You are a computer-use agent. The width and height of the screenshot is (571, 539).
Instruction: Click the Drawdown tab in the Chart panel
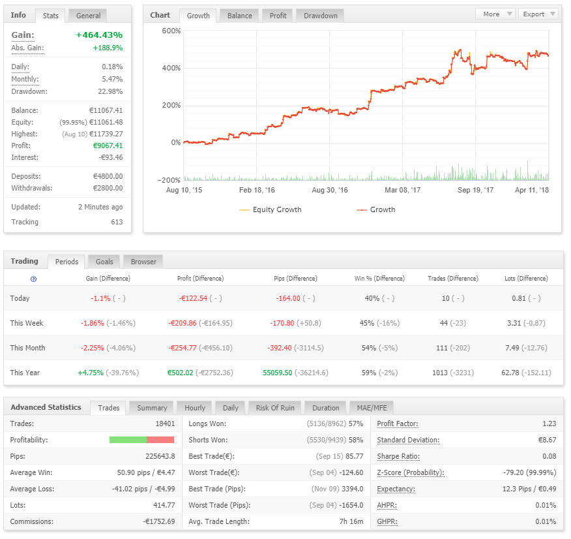click(x=321, y=16)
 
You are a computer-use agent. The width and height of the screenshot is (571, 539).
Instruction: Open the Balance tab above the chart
click(x=240, y=16)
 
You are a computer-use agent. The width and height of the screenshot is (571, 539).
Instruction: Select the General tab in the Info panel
click(x=88, y=16)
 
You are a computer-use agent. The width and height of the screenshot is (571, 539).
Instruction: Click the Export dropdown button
click(x=538, y=14)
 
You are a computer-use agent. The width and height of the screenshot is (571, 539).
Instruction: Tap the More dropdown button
click(x=495, y=14)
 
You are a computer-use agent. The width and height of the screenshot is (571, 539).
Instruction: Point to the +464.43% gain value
click(x=99, y=35)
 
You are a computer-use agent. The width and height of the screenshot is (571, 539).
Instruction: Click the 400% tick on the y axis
click(x=171, y=68)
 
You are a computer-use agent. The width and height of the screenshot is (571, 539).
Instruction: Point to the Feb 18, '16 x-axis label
click(x=257, y=190)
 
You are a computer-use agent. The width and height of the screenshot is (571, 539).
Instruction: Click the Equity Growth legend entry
click(x=271, y=209)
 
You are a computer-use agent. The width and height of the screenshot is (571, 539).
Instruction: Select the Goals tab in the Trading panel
click(x=104, y=262)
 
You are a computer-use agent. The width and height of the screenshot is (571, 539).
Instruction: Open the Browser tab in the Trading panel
click(x=143, y=262)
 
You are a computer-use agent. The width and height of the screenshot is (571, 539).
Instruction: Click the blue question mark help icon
click(x=33, y=279)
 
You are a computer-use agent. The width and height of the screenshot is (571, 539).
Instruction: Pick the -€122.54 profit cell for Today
click(x=193, y=298)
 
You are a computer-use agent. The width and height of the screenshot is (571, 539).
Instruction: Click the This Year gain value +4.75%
click(x=91, y=373)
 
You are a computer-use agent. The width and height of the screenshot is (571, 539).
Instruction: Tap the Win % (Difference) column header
click(x=379, y=279)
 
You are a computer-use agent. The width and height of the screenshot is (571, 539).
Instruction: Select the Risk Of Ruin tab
click(x=275, y=408)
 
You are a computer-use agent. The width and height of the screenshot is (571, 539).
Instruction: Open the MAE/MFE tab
click(x=372, y=408)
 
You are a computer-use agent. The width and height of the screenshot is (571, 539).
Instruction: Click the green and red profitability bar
click(x=141, y=440)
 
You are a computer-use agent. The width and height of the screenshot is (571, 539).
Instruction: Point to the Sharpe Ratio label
click(x=398, y=456)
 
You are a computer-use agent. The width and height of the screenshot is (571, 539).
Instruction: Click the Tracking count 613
click(x=117, y=222)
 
